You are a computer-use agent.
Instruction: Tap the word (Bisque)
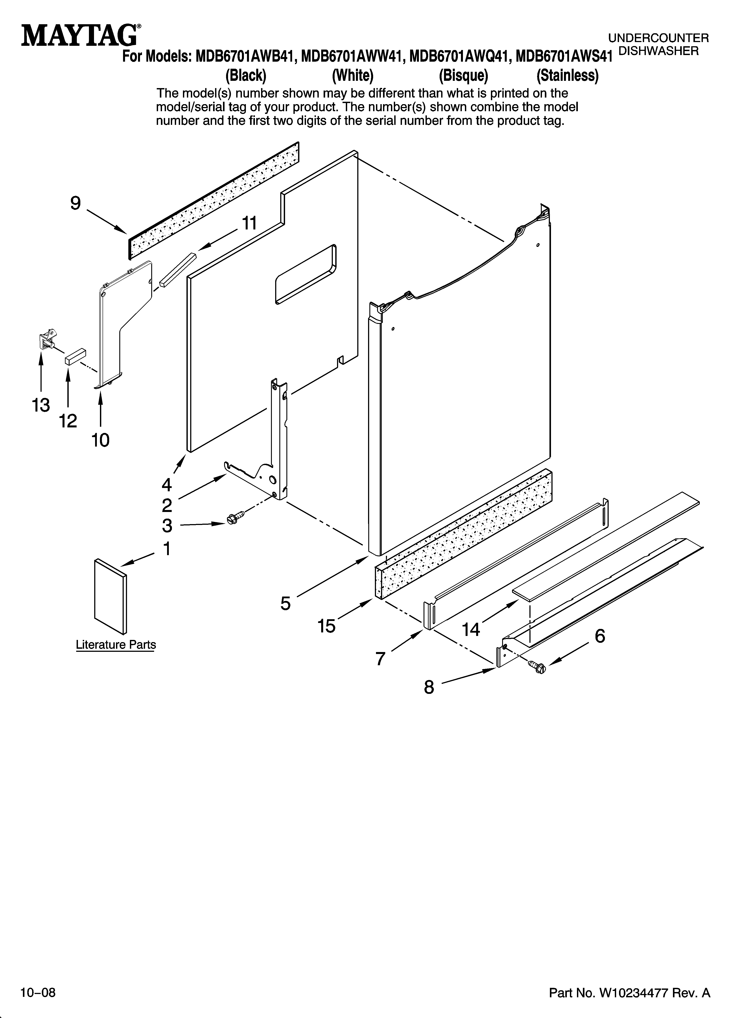463,75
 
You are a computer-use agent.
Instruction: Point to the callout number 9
76,203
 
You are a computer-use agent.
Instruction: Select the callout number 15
326,626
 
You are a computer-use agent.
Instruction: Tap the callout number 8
429,687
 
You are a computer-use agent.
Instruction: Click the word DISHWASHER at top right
658,51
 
